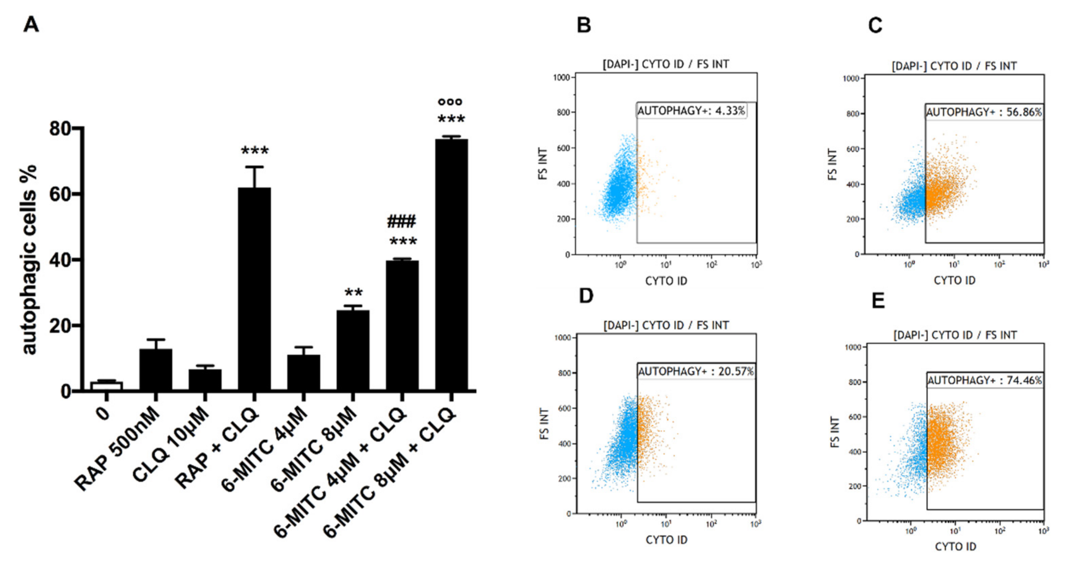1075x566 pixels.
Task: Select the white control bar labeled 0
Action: point(106,386)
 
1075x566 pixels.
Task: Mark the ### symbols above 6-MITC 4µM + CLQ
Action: point(401,222)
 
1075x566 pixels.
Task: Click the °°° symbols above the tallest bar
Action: point(450,101)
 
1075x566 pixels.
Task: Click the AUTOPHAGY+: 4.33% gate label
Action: point(691,111)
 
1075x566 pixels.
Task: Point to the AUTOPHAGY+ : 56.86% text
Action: point(984,112)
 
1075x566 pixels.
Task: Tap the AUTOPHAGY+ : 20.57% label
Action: point(696,371)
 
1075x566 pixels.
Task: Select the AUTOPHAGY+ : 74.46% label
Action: point(984,380)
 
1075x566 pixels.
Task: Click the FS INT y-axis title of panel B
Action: point(543,163)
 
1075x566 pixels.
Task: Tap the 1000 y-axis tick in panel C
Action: point(851,78)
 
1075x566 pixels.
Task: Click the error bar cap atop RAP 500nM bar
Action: point(156,339)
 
